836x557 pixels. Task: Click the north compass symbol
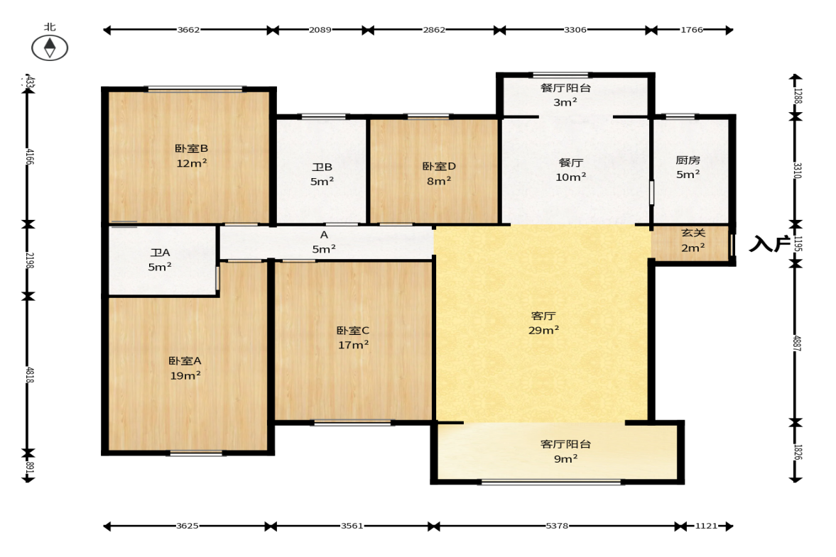[50, 48]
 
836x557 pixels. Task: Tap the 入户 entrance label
[769, 244]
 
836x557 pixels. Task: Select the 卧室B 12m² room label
[191, 156]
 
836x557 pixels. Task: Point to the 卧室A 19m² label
[185, 368]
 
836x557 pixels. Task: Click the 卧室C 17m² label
[353, 338]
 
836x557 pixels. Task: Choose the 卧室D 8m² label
[439, 174]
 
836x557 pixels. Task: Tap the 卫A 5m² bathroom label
[160, 260]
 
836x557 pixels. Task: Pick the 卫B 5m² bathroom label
[322, 174]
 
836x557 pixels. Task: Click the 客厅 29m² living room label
[543, 324]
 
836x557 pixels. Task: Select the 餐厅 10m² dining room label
[570, 170]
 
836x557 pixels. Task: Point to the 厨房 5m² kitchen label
[688, 167]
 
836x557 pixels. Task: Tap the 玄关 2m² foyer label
[693, 240]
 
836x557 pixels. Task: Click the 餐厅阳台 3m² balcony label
[565, 95]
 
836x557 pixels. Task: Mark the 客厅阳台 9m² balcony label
[565, 451]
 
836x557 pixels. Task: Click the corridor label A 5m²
[324, 242]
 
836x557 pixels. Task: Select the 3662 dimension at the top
[188, 30]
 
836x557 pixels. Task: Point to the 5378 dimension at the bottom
[557, 526]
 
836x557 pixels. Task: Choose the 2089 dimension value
[320, 30]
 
